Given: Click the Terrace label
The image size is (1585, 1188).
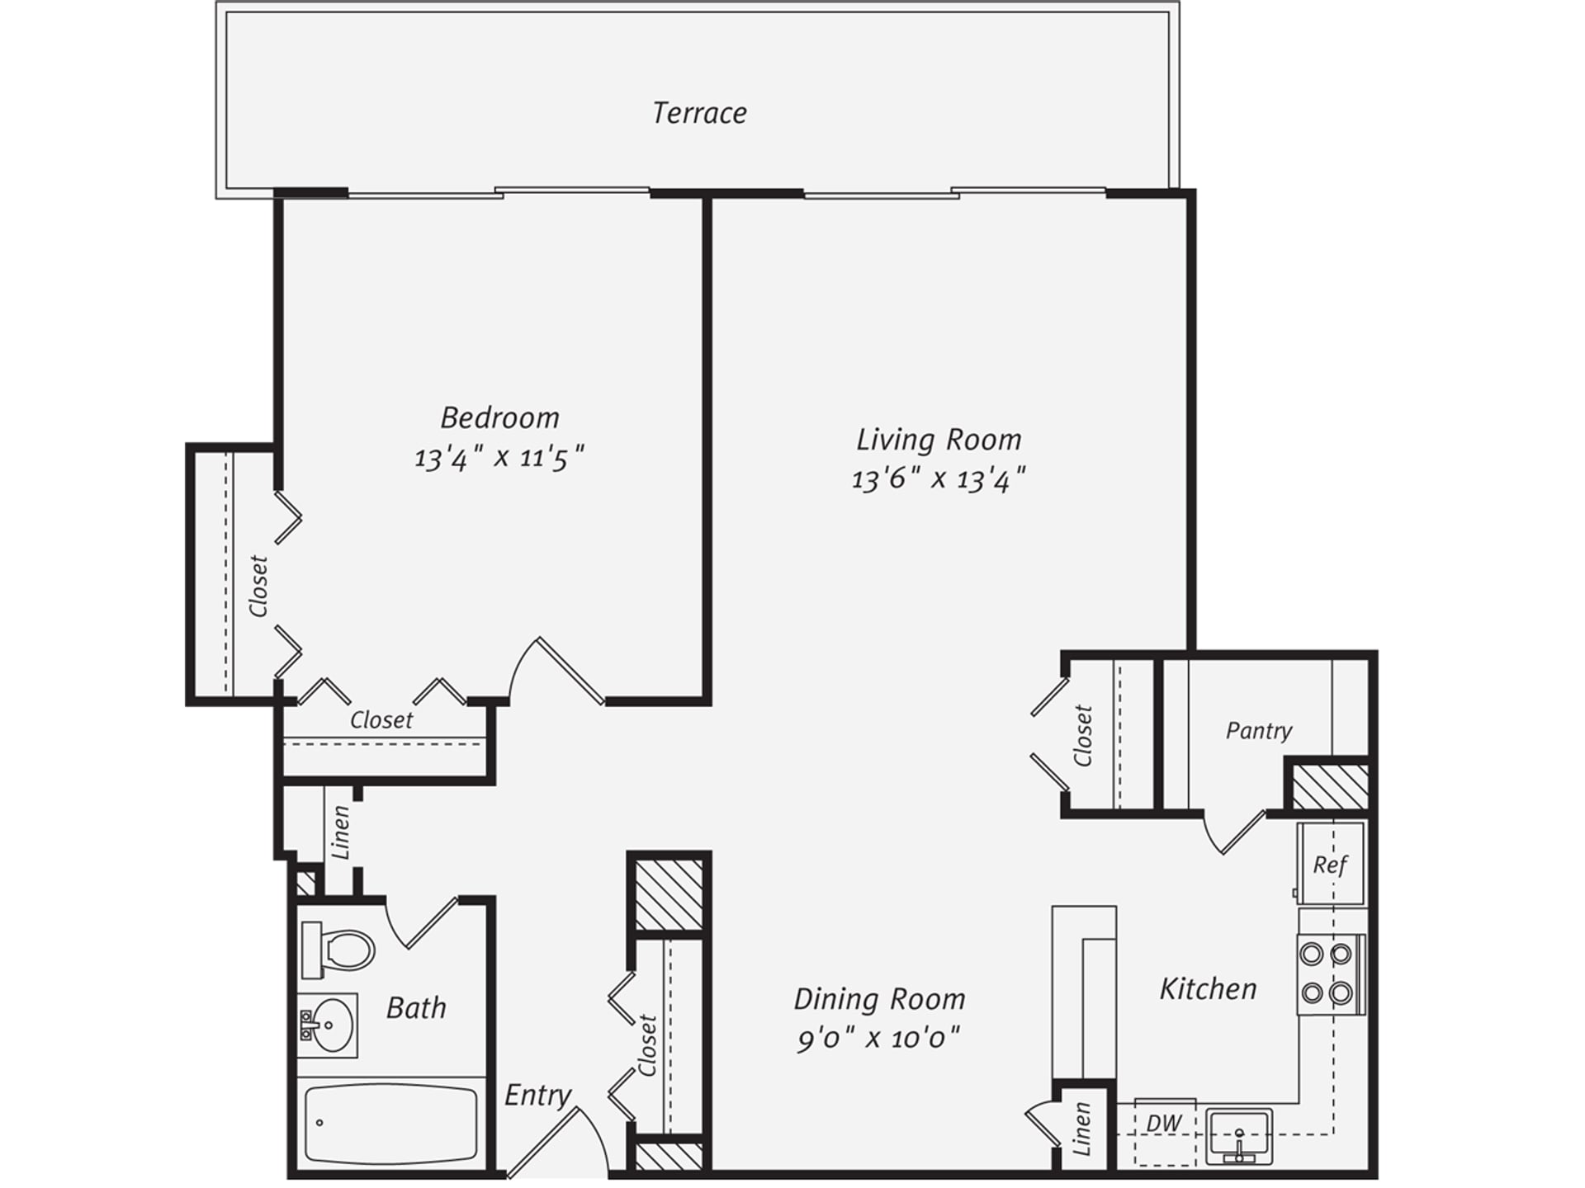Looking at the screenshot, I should [699, 113].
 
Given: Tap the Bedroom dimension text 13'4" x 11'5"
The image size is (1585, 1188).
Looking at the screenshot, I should [499, 456].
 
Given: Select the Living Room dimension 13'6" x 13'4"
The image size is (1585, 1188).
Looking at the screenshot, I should [938, 478].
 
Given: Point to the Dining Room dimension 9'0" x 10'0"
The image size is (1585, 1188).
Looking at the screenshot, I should [878, 1038].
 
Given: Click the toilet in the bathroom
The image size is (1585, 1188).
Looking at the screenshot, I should [341, 950].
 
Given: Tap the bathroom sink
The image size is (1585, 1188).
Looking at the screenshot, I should [329, 1025].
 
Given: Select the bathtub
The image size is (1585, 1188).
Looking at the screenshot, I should [390, 1123].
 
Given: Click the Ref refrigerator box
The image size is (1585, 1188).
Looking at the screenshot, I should [1330, 864].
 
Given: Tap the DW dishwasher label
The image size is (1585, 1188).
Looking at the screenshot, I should [1164, 1123].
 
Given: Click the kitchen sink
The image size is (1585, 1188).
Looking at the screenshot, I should [1238, 1134].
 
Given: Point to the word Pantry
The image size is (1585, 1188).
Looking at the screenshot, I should [1258, 731].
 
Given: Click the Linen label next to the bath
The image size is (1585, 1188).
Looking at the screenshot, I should [341, 832].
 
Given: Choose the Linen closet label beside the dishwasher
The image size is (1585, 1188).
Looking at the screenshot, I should [1081, 1129].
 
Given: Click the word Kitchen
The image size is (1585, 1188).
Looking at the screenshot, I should [1208, 988].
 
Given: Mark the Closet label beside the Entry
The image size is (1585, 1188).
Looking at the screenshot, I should [647, 1044].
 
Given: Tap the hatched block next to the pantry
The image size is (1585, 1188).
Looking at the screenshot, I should [1329, 786].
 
